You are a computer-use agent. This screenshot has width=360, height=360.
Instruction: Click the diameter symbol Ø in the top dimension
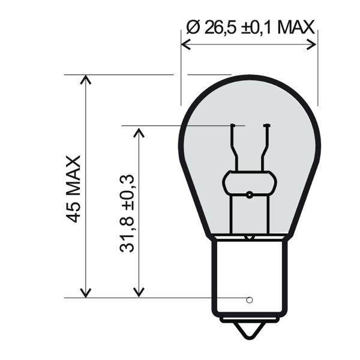[x=193, y=27]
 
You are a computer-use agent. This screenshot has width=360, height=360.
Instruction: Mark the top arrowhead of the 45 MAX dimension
[x=86, y=80]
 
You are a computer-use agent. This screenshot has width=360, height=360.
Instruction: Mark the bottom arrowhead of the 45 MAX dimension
[x=86, y=293]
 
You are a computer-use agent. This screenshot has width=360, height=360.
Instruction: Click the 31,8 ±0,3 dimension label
[x=127, y=214]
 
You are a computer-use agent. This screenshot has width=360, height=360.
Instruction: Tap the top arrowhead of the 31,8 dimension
[x=139, y=131]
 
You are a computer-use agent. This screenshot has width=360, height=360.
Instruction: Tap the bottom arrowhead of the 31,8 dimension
[x=139, y=292]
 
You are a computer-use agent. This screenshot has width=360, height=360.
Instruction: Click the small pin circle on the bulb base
[x=250, y=299]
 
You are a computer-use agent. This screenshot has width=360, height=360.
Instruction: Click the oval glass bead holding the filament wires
[x=249, y=182]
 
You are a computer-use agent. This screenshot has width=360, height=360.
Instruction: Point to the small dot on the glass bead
[x=249, y=194]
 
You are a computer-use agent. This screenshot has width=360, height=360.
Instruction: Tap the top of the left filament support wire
[x=232, y=125]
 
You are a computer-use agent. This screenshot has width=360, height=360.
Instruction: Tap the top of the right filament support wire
[x=266, y=125]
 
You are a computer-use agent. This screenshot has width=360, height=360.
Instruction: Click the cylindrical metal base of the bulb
[x=249, y=276]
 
